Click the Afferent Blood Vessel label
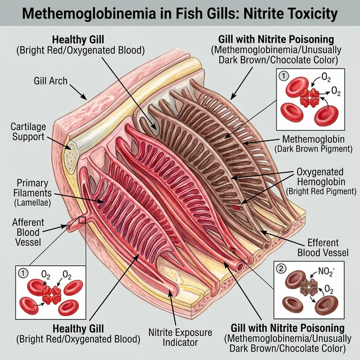click(28, 231)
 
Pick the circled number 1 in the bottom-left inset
click(23, 273)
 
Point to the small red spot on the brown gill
click(237, 207)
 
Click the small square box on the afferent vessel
click(83, 220)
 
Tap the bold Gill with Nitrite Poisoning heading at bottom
click(280, 328)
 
